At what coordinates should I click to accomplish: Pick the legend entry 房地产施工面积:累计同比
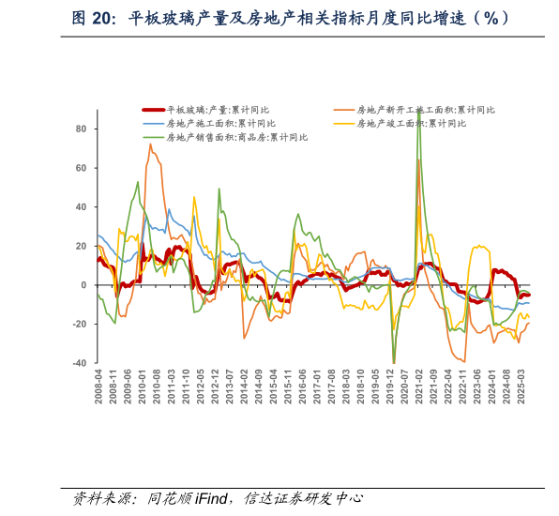pyautogui.click(x=220, y=123)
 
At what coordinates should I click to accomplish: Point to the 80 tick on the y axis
pyautogui.click(x=81, y=129)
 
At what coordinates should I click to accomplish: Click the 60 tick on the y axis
pyautogui.click(x=81, y=168)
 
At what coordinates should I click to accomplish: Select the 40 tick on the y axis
pyautogui.click(x=81, y=207)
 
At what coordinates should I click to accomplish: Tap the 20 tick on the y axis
pyautogui.click(x=81, y=246)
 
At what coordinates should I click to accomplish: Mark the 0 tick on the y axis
pyautogui.click(x=83, y=285)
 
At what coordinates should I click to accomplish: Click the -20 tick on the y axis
pyautogui.click(x=79, y=325)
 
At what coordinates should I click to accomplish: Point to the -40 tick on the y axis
pyautogui.click(x=79, y=363)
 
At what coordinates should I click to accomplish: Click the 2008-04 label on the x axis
pyautogui.click(x=98, y=385)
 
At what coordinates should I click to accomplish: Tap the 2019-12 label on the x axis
pyautogui.click(x=390, y=385)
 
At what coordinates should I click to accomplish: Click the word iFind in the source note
pyautogui.click(x=214, y=498)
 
